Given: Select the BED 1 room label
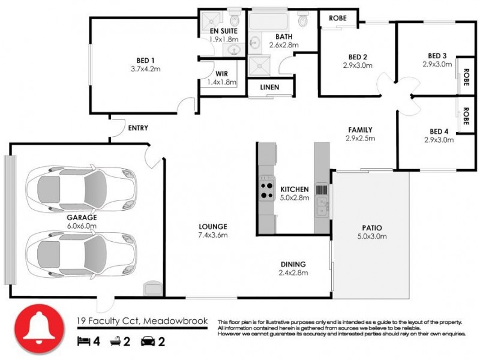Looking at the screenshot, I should (x=145, y=59).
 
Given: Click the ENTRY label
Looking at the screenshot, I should (x=138, y=128).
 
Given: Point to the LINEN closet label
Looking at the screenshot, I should (x=269, y=88).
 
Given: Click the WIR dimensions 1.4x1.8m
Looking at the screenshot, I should (x=222, y=82).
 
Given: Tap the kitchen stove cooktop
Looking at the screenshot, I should (x=266, y=191).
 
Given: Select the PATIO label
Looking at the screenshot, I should (x=372, y=227).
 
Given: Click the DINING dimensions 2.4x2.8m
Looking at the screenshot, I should (x=294, y=273).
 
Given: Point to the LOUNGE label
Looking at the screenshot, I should (x=213, y=226).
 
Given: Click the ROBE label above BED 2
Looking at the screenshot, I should (x=337, y=18).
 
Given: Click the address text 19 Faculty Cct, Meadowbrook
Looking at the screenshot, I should (x=142, y=321).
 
